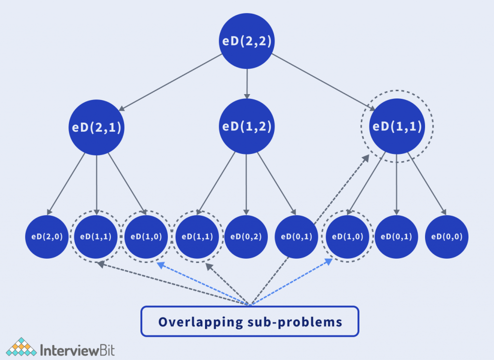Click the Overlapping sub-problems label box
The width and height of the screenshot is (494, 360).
coord(250,321)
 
